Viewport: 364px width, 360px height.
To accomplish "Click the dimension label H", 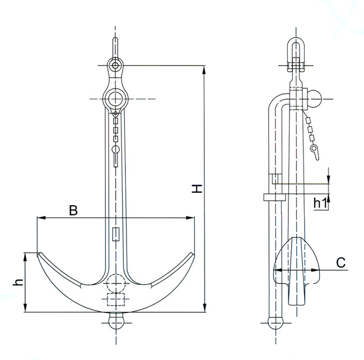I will pos(197,189).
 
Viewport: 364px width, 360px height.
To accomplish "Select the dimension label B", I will pos(73,210).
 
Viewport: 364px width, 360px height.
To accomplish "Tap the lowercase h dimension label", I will pos(17,282).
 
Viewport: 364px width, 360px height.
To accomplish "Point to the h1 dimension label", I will pos(320,202).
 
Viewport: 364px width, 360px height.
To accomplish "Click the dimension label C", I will pos(340,261).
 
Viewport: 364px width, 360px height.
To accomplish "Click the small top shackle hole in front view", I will pos(115,66).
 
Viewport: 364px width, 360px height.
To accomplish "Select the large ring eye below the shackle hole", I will pos(116,98).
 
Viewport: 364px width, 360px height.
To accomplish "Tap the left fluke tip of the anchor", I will pos(39,255).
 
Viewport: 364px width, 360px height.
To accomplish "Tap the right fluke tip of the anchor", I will pos(193,255).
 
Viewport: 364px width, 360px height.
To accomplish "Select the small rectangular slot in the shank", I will pos(116,234).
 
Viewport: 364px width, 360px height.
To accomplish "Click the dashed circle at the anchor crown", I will pos(116,282).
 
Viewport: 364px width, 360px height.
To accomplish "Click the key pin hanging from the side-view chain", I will pos(315,150).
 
